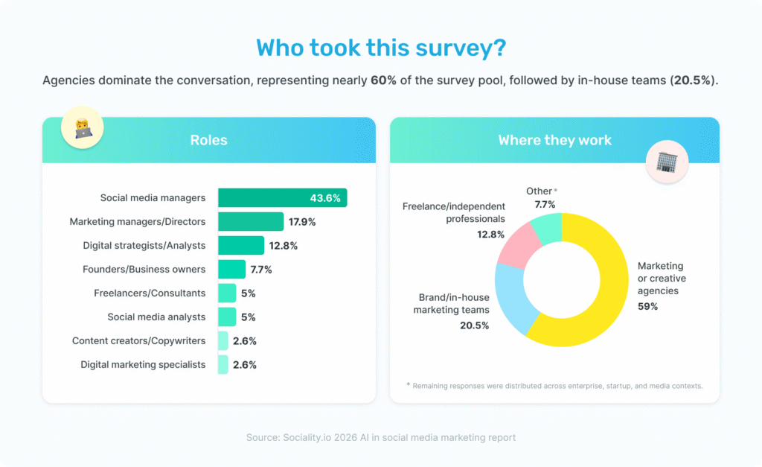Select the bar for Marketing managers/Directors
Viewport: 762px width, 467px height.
(250, 222)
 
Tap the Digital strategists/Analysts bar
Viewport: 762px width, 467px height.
(240, 246)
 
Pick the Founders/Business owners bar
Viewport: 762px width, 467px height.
(231, 270)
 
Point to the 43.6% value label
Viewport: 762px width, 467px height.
(325, 198)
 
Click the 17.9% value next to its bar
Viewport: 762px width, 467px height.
(303, 222)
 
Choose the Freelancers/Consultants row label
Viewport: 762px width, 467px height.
(150, 293)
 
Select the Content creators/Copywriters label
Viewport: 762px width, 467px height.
(138, 341)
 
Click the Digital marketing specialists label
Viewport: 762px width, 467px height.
(143, 365)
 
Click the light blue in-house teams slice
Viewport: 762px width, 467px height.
(514, 298)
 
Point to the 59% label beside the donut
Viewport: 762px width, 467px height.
(647, 306)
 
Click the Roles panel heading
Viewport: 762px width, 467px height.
(208, 140)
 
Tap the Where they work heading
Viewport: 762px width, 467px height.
(554, 140)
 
